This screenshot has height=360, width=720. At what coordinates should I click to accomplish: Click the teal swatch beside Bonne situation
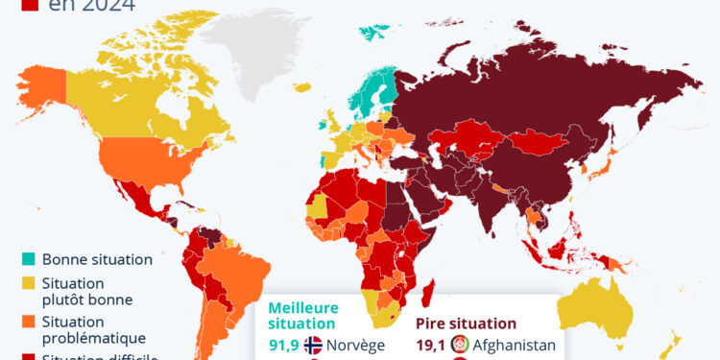30,258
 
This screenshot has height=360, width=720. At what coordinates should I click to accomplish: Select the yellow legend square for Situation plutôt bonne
30,282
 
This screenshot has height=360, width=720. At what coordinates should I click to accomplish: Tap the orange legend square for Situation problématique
30,321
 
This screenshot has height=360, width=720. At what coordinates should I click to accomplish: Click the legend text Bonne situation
97,258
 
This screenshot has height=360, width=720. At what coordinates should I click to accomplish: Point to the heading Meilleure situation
304,315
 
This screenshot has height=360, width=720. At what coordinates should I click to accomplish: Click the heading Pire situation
467,324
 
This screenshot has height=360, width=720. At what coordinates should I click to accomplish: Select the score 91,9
283,346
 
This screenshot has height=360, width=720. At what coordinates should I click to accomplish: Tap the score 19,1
433,346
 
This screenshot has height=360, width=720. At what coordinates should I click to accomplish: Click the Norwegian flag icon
313,346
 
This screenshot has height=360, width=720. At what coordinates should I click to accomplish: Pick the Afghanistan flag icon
462,346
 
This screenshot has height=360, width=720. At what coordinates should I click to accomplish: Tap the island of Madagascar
429,290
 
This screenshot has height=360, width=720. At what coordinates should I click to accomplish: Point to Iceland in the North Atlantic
303,87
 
